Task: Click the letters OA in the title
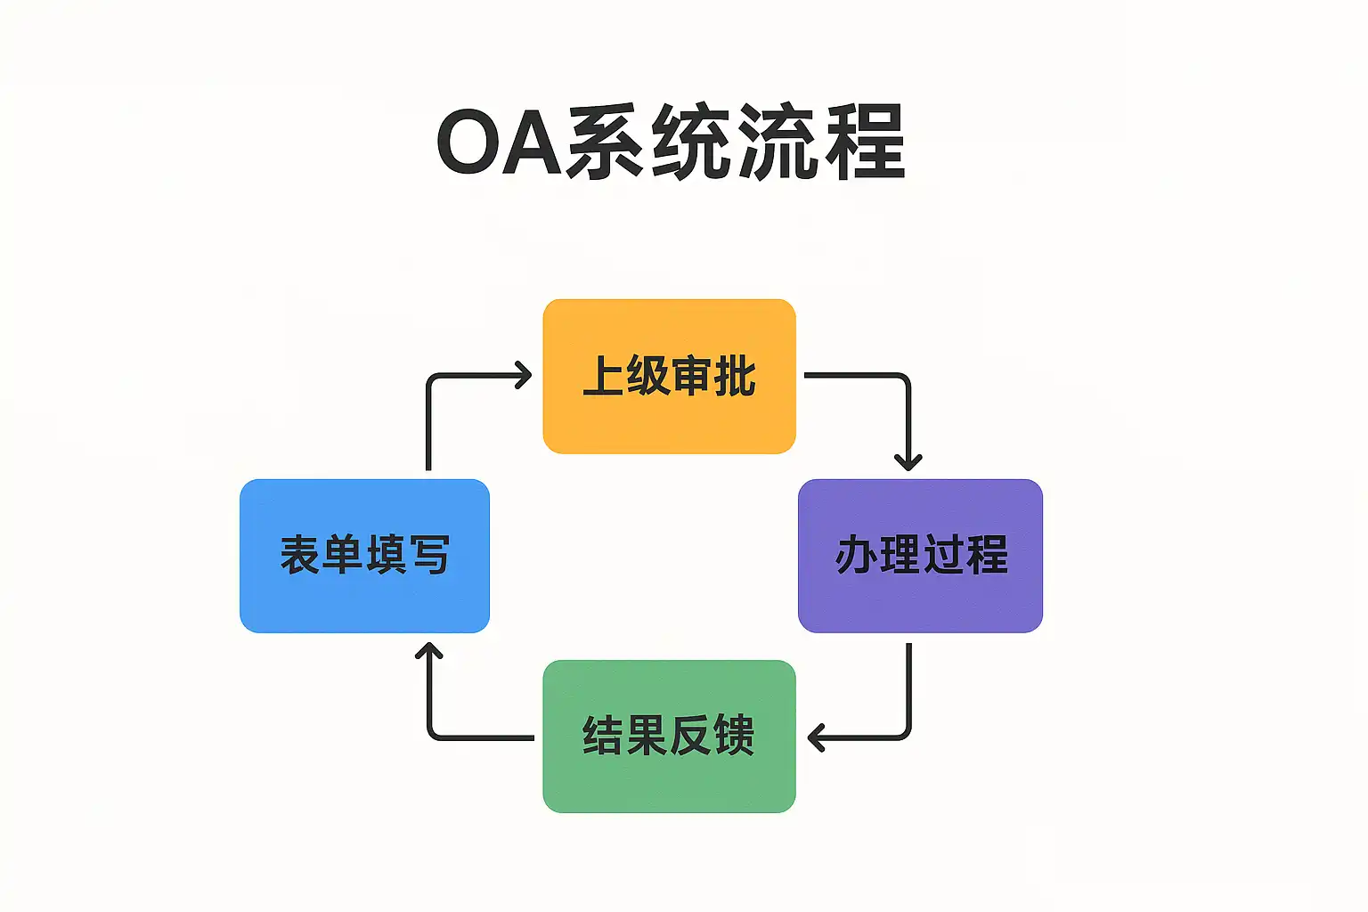(x=500, y=143)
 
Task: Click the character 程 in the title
(x=865, y=143)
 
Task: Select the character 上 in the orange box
(x=603, y=376)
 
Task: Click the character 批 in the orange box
(x=735, y=376)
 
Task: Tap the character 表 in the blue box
(x=300, y=555)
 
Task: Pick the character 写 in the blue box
(x=430, y=555)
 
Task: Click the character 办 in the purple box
(x=856, y=555)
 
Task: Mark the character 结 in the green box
(x=603, y=737)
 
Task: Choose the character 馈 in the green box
(x=734, y=737)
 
